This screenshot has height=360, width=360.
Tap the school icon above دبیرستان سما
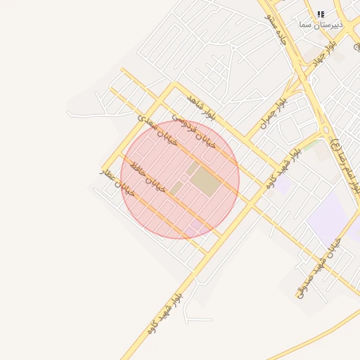[x=321, y=13]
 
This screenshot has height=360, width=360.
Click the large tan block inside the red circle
[x=205, y=181]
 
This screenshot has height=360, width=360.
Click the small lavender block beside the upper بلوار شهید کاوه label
[x=283, y=187]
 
